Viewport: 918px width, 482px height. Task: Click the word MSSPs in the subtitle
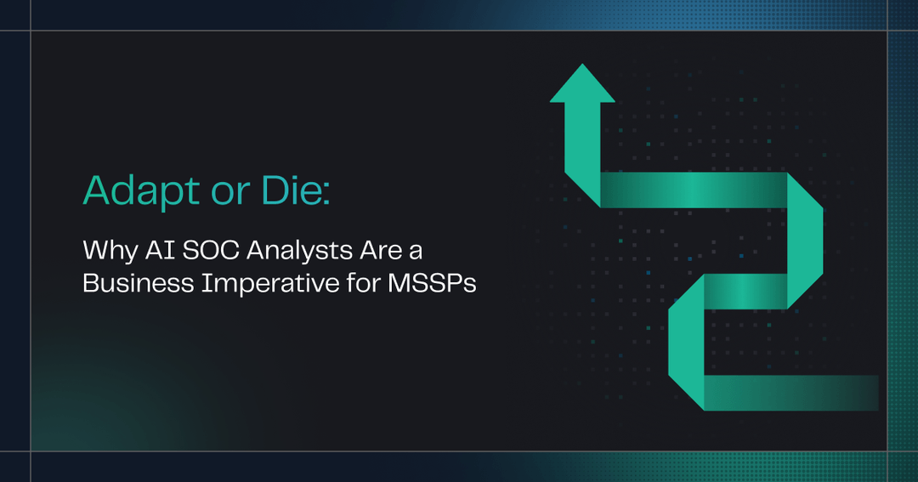(432, 283)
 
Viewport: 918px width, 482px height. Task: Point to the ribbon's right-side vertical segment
(804, 242)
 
